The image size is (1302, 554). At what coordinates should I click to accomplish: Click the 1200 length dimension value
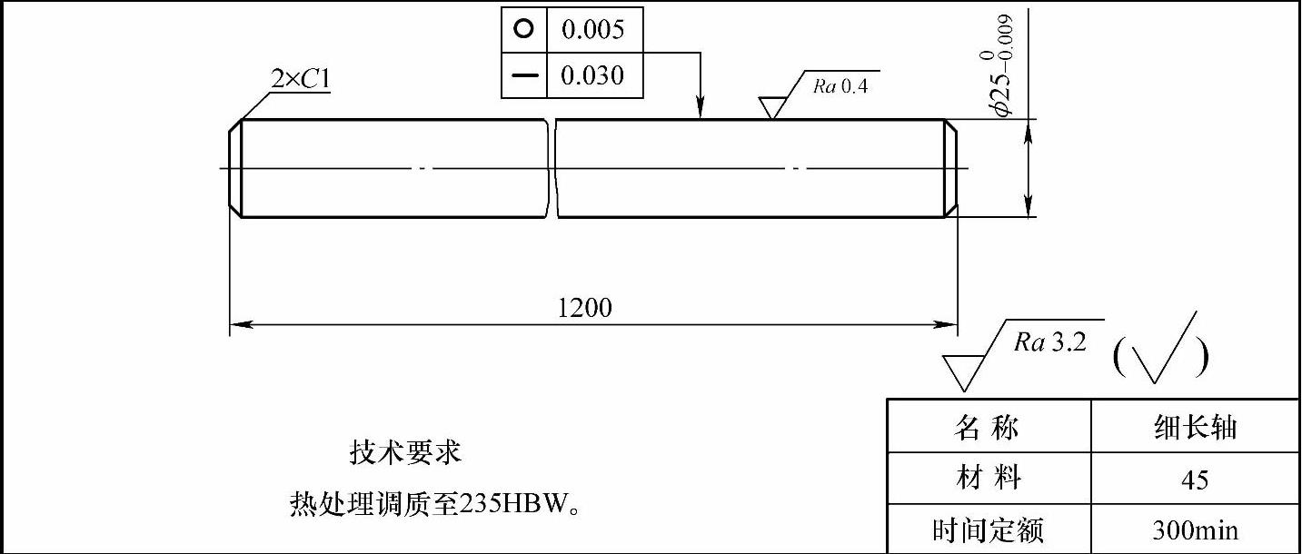coord(584,308)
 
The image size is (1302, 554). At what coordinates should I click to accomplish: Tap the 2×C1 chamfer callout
coord(300,80)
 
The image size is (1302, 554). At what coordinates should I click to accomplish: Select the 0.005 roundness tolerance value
coord(592,29)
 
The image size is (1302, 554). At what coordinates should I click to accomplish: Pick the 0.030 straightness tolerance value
coord(592,75)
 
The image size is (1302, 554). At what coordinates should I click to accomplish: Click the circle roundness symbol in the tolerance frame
coord(523,29)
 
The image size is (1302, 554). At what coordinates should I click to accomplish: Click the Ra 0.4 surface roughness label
coord(840,86)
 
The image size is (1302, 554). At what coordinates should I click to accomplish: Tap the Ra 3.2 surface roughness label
coord(1050,342)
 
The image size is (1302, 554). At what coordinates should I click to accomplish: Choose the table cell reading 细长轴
coord(1193,427)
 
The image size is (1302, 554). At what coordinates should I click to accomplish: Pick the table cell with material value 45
coord(1195,480)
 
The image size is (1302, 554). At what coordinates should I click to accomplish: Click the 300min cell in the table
coord(1195,529)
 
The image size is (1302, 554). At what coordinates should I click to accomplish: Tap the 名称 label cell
coord(987,427)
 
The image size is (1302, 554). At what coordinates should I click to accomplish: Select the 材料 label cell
coord(987,479)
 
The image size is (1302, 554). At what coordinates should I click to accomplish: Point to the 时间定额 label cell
coord(987,529)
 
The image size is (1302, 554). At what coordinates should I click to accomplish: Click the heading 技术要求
coord(405,451)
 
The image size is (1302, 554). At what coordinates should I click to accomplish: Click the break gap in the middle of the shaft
coord(552,168)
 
